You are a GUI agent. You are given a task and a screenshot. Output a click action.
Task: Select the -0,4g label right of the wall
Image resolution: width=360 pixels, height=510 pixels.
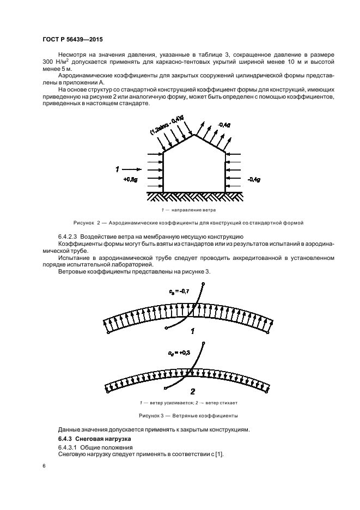pyautogui.click(x=254, y=179)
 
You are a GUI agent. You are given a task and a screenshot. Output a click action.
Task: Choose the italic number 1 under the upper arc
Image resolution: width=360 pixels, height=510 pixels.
pyautogui.click(x=192, y=331)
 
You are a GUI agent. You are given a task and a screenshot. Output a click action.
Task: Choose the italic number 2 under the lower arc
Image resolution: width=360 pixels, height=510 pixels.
pyautogui.click(x=192, y=391)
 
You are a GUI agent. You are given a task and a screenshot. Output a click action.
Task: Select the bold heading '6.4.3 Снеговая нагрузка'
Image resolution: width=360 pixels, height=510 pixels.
pyautogui.click(x=92, y=439)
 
